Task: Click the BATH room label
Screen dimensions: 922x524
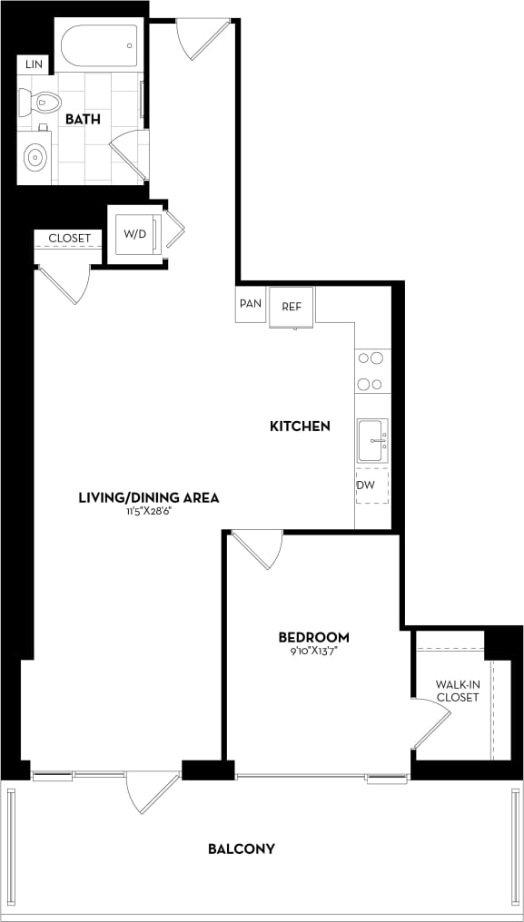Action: click(82, 119)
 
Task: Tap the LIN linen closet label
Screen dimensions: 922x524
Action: click(35, 64)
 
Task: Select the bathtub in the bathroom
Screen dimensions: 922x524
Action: click(99, 44)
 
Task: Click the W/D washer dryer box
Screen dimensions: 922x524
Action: click(135, 234)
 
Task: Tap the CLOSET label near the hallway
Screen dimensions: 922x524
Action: click(70, 239)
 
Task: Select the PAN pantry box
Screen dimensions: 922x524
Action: click(251, 305)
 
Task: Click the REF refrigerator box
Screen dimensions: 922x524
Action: click(292, 307)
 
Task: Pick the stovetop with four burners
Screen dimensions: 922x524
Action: click(371, 370)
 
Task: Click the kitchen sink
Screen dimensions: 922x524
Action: click(371, 440)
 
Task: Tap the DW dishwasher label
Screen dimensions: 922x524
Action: click(364, 485)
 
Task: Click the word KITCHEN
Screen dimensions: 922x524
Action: click(299, 426)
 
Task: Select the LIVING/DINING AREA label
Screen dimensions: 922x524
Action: click(149, 497)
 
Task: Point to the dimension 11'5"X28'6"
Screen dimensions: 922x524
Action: click(149, 512)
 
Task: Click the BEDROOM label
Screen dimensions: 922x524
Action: click(313, 637)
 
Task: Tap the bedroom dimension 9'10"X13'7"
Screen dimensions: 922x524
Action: click(313, 651)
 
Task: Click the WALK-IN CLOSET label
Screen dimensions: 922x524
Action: click(457, 691)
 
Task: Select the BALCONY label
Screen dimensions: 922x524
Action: click(242, 849)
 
